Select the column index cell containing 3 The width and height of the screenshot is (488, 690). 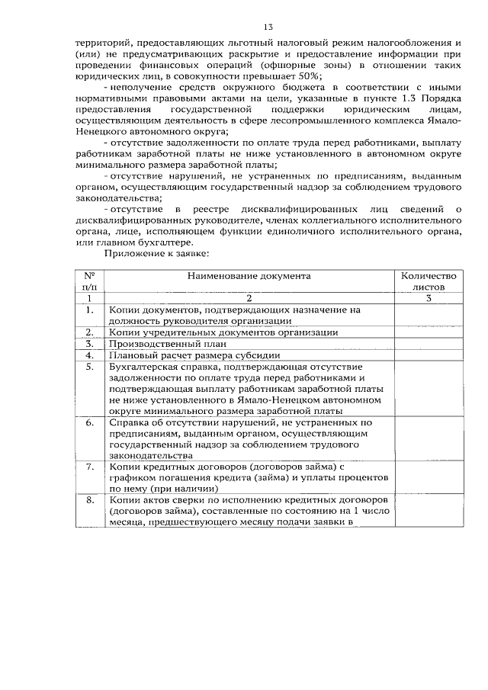pyautogui.click(x=428, y=299)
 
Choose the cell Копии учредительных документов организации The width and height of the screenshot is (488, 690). pyautogui.click(x=223, y=332)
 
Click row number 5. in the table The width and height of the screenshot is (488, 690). pyautogui.click(x=89, y=366)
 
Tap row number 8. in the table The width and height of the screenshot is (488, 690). pyautogui.click(x=89, y=500)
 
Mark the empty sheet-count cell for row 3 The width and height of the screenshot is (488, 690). pyautogui.click(x=428, y=343)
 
